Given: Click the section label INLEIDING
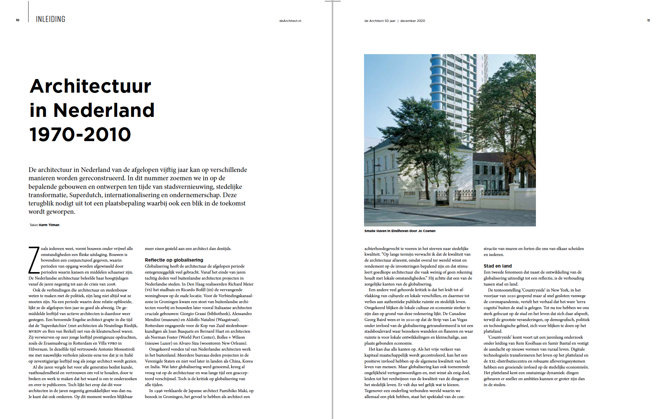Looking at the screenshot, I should coord(50,19).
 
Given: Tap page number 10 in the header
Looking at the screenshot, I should coord(18,20).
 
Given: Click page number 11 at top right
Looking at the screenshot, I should coord(648,21).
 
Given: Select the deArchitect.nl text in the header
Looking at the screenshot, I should coord(290,21).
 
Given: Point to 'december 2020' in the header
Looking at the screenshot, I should coord(412,21).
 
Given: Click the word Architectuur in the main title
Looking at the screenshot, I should coord(91,86).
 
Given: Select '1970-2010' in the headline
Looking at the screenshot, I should coord(80,134).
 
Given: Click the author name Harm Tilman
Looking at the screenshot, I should coord(49,225).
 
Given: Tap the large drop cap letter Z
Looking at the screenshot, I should coord(34,260).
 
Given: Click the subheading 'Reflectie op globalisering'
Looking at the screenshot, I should coord(174,260).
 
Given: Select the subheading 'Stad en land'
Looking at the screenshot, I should coord(497,266).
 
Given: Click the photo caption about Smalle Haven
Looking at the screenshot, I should coord(400,231).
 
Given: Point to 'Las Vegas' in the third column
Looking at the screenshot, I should coord(458,320).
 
